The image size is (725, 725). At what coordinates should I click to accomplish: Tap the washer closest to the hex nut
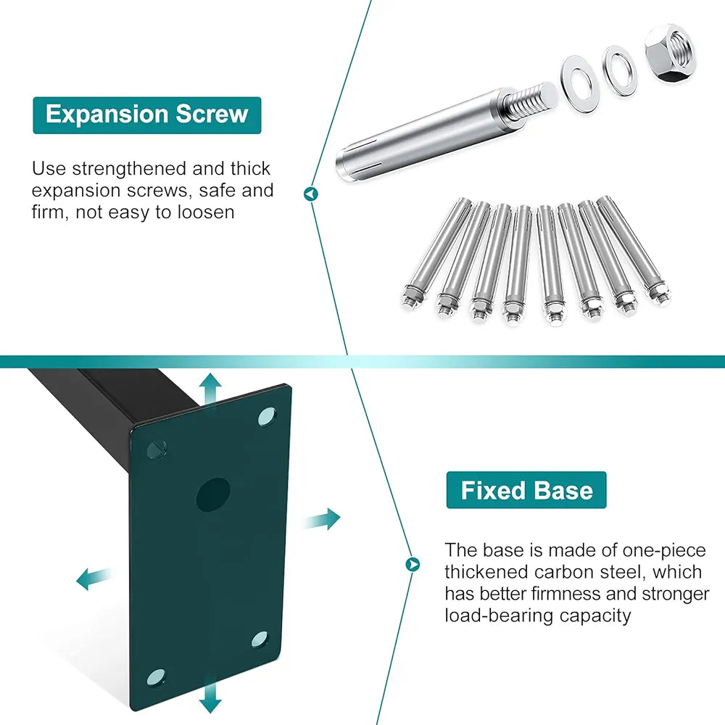tap(619, 71)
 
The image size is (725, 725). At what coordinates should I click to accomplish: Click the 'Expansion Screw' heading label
tap(147, 115)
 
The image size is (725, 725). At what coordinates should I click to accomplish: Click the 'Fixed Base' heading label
tap(526, 490)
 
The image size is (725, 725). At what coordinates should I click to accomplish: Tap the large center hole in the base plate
tap(213, 494)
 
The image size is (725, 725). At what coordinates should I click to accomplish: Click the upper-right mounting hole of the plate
tap(267, 417)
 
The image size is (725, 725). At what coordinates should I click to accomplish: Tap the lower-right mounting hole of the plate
tap(260, 639)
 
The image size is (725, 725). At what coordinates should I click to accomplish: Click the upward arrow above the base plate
tap(210, 391)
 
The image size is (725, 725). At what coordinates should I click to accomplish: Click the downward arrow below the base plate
tap(210, 695)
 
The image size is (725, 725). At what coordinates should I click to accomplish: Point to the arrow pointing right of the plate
tap(320, 519)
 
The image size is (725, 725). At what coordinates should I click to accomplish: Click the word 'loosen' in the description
tap(206, 212)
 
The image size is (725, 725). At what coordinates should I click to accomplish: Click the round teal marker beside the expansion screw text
tap(311, 194)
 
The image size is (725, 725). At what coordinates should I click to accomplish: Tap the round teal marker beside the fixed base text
tap(413, 564)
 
